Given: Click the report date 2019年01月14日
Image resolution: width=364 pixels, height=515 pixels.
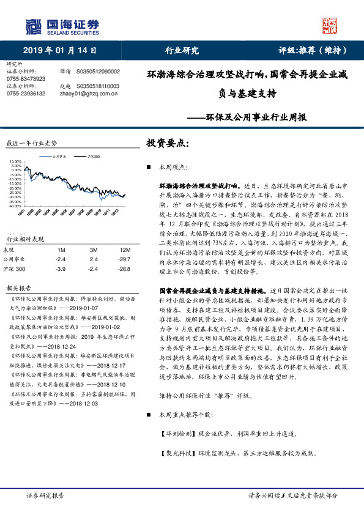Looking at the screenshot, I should pyautogui.click(x=57, y=50).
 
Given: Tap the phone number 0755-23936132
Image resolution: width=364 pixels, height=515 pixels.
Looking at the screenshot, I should pyautogui.click(x=25, y=94).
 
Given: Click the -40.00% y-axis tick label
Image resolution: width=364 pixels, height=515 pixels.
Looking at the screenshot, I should pyautogui.click(x=15, y=206).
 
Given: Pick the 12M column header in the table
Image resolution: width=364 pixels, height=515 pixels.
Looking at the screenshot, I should pyautogui.click(x=125, y=250).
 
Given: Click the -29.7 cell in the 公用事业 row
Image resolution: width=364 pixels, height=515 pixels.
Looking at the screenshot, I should pyautogui.click(x=125, y=259).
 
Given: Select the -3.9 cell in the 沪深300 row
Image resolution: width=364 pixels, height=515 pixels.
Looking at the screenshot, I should pyautogui.click(x=60, y=269).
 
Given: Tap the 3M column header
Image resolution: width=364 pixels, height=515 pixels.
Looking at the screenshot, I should pyautogui.click(x=93, y=250).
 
